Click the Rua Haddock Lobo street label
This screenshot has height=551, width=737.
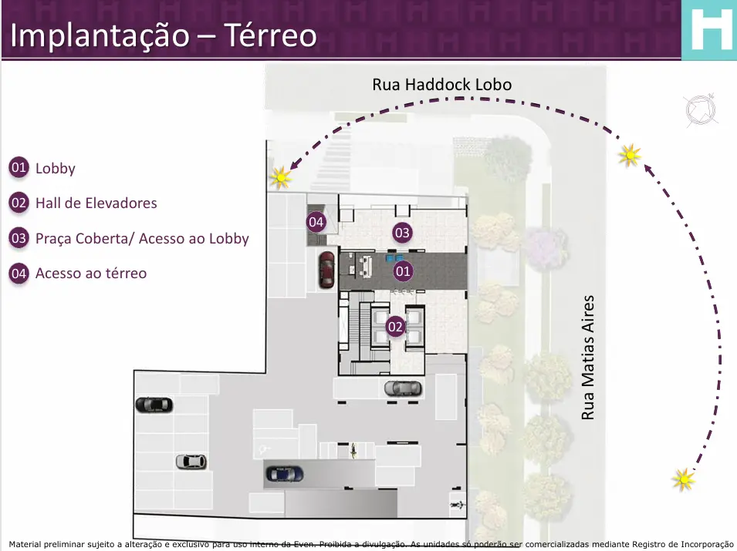click(442, 85)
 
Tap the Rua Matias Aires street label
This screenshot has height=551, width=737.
click(588, 357)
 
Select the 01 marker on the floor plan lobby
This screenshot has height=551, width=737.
click(403, 270)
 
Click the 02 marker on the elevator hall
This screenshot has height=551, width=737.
click(395, 327)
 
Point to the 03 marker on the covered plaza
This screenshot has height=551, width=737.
click(402, 232)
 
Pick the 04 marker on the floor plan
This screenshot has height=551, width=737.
click(316, 221)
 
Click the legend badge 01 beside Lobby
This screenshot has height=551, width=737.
click(19, 167)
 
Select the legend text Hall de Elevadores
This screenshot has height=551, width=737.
click(96, 203)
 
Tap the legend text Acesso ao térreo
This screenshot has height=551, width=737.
click(91, 273)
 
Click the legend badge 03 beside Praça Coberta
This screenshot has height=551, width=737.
click(19, 238)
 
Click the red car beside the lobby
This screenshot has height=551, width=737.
click(326, 270)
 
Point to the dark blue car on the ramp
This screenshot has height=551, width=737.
click(284, 474)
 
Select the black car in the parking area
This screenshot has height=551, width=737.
click(154, 405)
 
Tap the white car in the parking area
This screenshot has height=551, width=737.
click(191, 462)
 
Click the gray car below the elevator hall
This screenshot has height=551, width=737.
click(403, 388)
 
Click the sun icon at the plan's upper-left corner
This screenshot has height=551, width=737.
click(281, 177)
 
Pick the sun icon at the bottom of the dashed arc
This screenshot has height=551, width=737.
click(684, 479)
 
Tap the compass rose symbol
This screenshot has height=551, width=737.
click(701, 110)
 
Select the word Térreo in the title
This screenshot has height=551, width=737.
click(270, 35)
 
